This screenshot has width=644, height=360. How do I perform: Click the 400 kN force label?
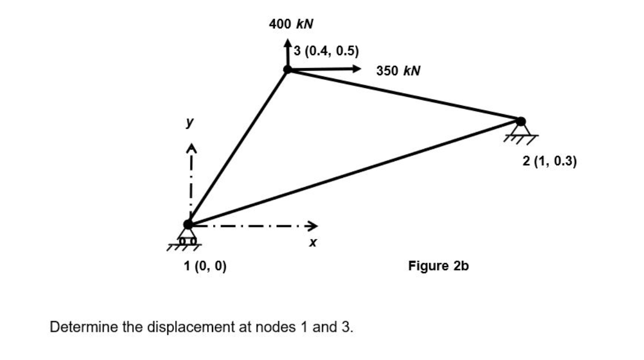(x=291, y=24)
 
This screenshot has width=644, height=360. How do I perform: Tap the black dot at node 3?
(x=287, y=69)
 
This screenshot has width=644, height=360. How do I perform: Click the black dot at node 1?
(x=188, y=224)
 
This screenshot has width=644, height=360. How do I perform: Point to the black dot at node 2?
(x=521, y=121)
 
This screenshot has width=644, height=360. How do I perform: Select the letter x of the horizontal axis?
(x=313, y=243)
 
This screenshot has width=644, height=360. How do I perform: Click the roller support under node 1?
(x=187, y=238)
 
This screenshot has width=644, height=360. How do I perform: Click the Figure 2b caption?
(x=438, y=266)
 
